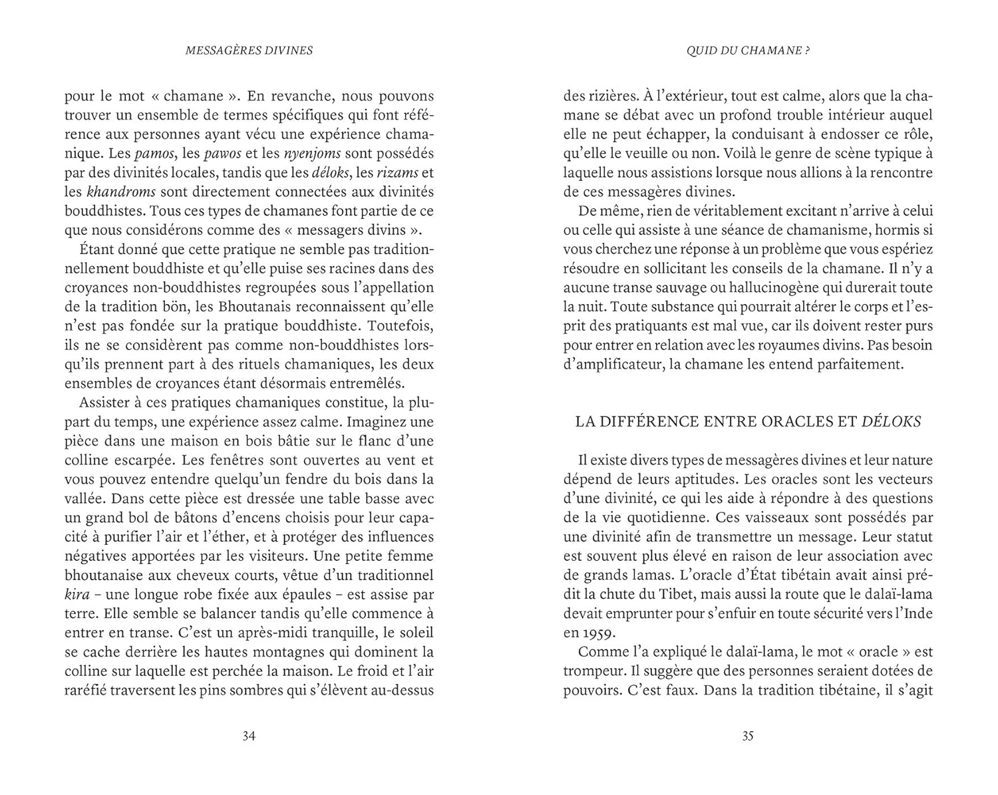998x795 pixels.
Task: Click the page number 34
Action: tap(249, 736)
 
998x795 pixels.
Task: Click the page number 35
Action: tap(748, 736)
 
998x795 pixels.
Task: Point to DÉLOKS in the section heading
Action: tap(892, 422)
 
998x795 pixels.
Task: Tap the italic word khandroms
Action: tap(121, 192)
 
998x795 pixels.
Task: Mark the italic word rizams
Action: tap(398, 173)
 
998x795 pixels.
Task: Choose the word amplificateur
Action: tap(618, 365)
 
